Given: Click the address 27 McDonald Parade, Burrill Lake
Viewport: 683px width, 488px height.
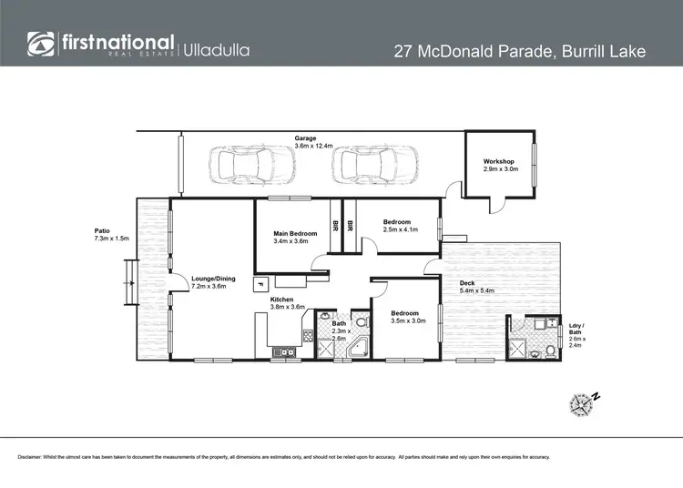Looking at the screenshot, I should pyautogui.click(x=519, y=51).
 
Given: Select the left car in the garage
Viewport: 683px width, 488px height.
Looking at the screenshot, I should pyautogui.click(x=240, y=166).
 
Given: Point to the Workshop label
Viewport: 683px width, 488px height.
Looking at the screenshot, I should pyautogui.click(x=499, y=162).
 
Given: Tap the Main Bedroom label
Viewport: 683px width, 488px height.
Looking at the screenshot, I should pyautogui.click(x=295, y=234).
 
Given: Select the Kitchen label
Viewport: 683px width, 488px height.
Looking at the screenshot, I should pyautogui.click(x=282, y=299).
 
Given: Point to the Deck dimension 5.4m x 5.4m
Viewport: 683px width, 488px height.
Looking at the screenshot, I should pyautogui.click(x=477, y=290).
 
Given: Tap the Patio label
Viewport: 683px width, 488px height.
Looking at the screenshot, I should pyautogui.click(x=102, y=230).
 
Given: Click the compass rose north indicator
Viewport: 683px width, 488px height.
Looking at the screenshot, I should pyautogui.click(x=582, y=402).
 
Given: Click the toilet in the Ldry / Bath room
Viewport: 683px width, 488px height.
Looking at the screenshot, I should pyautogui.click(x=549, y=351).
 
